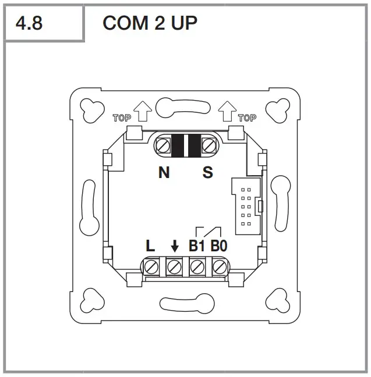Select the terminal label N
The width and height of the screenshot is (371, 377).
(164, 173)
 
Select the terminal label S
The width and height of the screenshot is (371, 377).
(207, 173)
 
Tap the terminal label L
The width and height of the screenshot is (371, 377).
(150, 246)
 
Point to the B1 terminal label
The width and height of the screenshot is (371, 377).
(197, 246)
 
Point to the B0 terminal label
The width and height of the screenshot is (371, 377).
(219, 246)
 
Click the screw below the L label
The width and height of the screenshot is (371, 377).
(152, 268)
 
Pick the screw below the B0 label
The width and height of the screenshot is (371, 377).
(220, 268)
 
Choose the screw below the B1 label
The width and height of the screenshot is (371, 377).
(197, 268)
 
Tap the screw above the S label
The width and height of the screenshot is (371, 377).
(209, 145)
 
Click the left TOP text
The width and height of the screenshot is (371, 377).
(121, 118)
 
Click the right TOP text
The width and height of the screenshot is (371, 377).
(247, 118)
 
